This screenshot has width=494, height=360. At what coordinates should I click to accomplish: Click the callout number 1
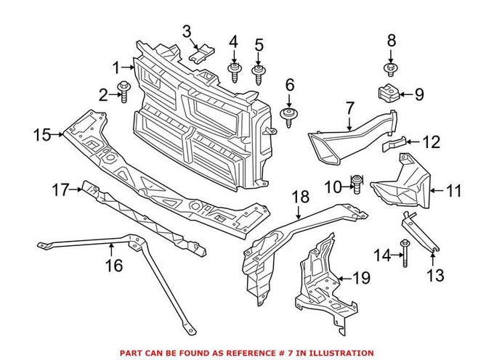[116, 68]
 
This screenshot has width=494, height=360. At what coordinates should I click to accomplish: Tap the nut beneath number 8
[390, 70]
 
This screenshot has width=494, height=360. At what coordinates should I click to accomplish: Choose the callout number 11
[454, 192]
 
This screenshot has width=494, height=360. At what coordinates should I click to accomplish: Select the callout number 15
[42, 134]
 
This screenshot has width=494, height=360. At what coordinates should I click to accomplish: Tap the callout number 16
[113, 266]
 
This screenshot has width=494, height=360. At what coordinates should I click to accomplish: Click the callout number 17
[60, 190]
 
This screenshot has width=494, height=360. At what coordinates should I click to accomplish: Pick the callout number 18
[300, 197]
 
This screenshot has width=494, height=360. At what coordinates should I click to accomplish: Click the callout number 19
[361, 277]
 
